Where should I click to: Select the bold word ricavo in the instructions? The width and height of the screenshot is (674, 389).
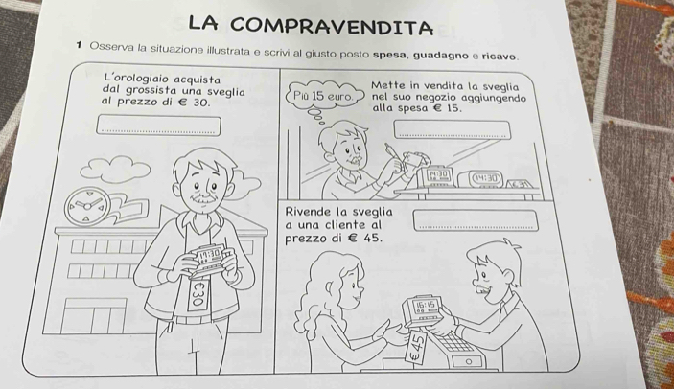coord(498,57)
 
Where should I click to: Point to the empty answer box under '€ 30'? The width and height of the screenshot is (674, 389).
coord(158,126)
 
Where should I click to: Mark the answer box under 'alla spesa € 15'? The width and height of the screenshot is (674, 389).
coord(453,129)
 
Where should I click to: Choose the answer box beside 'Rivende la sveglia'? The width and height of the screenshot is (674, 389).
coord(476,220)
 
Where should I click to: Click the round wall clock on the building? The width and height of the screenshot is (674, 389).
coord(87,206)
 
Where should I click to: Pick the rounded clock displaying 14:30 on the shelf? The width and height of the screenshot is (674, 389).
coord(480,178)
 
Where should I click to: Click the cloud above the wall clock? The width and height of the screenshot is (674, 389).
coord(115,169)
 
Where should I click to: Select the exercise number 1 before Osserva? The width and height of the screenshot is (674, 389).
coord(79,45)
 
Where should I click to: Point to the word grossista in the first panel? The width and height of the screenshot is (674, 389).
coord(150,91)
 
